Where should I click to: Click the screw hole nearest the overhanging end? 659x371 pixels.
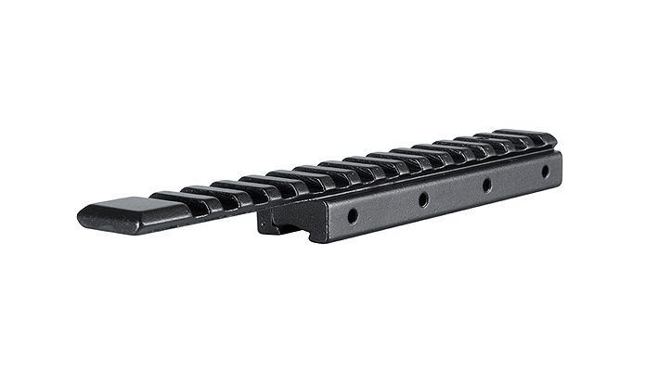[353, 215]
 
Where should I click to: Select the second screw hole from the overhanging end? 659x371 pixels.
[422, 198]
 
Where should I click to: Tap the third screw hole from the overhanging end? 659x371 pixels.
[486, 184]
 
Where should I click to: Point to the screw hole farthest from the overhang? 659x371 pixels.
[545, 171]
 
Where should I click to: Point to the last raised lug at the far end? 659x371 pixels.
[524, 136]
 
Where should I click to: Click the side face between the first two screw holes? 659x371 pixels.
[388, 209]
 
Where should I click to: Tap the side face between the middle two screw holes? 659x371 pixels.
[455, 193]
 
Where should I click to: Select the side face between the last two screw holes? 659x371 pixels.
[516, 179]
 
